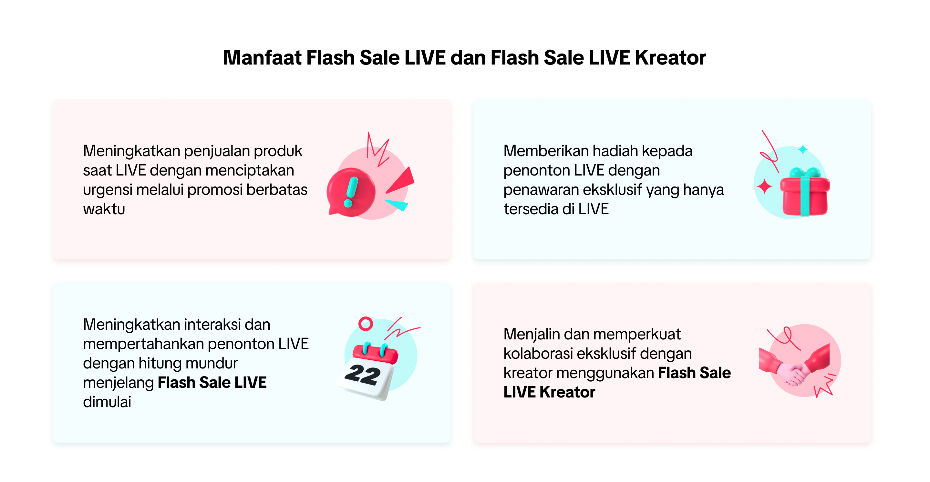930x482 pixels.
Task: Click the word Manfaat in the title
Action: [262, 58]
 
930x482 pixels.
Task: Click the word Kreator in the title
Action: [670, 58]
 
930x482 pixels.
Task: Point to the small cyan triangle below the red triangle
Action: [397, 205]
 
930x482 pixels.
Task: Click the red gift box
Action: [805, 196]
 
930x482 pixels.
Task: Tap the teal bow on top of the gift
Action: [805, 173]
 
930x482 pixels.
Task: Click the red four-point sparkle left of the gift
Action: [764, 186]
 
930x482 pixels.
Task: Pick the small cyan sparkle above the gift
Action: [802, 149]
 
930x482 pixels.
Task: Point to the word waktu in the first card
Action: [104, 209]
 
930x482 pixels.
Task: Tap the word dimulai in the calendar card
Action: [107, 402]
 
